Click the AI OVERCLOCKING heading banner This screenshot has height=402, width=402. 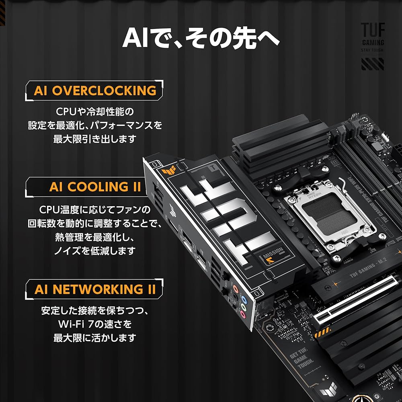[x=95, y=90]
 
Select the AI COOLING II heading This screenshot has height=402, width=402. [x=95, y=187]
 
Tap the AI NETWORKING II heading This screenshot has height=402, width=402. [x=95, y=289]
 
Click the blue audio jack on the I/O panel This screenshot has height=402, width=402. [x=243, y=299]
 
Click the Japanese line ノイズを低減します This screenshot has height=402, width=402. [x=95, y=250]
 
